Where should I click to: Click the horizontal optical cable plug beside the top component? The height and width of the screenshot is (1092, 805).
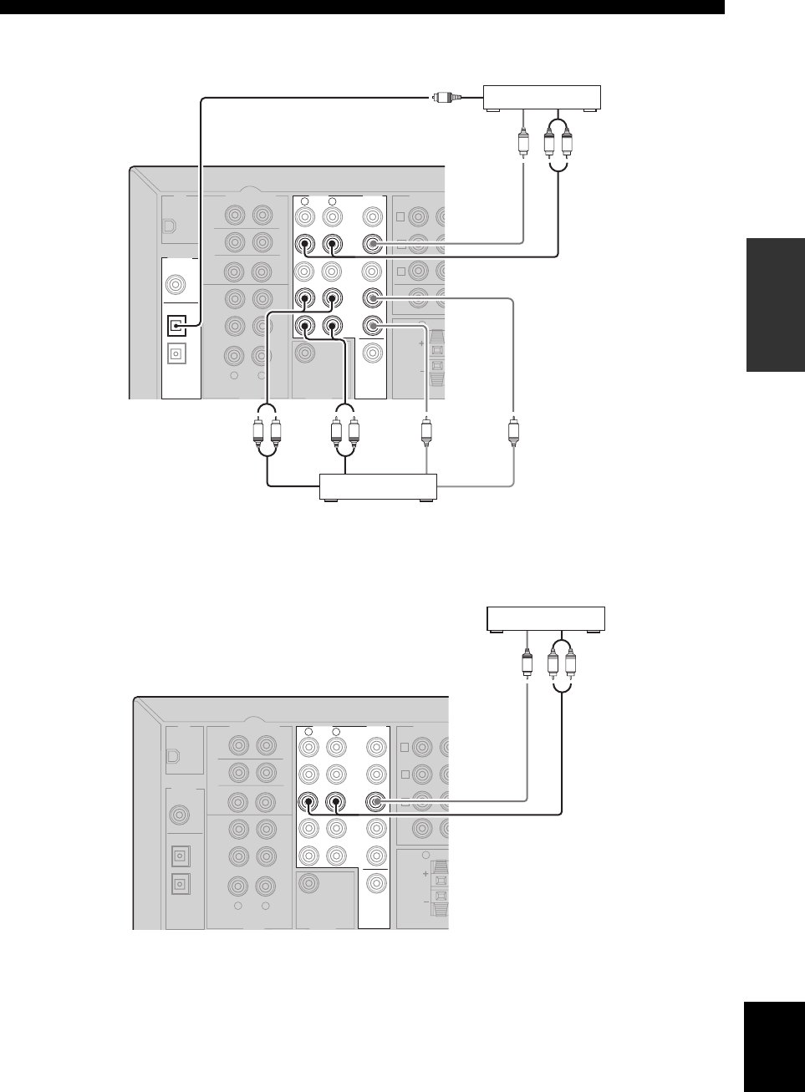click(444, 98)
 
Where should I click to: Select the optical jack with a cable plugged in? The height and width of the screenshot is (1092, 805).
click(176, 323)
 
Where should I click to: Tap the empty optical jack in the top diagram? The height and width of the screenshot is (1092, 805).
click(176, 353)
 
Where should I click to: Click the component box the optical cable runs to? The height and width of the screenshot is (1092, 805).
click(543, 97)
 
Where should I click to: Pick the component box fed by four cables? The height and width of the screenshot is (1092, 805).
click(379, 486)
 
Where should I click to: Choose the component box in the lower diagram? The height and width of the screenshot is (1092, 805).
click(546, 619)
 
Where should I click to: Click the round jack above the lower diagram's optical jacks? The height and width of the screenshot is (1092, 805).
click(179, 813)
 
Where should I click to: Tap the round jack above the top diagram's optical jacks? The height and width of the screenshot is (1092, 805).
click(176, 284)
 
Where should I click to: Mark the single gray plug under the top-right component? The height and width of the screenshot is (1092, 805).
click(523, 143)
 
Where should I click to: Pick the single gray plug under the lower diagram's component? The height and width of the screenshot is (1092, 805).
click(527, 664)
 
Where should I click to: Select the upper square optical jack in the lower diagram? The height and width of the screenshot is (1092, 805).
click(179, 856)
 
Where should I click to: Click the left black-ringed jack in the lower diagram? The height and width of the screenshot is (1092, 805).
click(308, 803)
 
